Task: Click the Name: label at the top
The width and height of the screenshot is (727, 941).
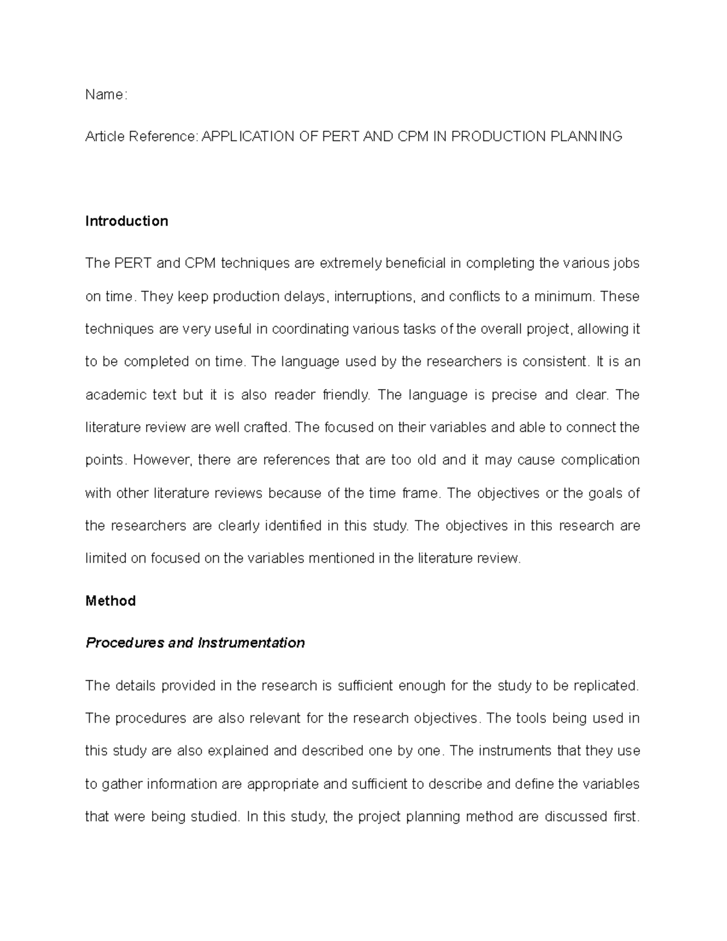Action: pos(106,95)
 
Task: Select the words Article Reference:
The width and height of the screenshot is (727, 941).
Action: pos(142,136)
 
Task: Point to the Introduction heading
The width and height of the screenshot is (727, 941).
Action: pos(127,221)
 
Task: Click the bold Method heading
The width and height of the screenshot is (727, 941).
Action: pos(110,601)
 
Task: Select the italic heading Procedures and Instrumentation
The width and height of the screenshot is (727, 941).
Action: pos(195,643)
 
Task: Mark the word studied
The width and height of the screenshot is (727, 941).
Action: pos(214,817)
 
